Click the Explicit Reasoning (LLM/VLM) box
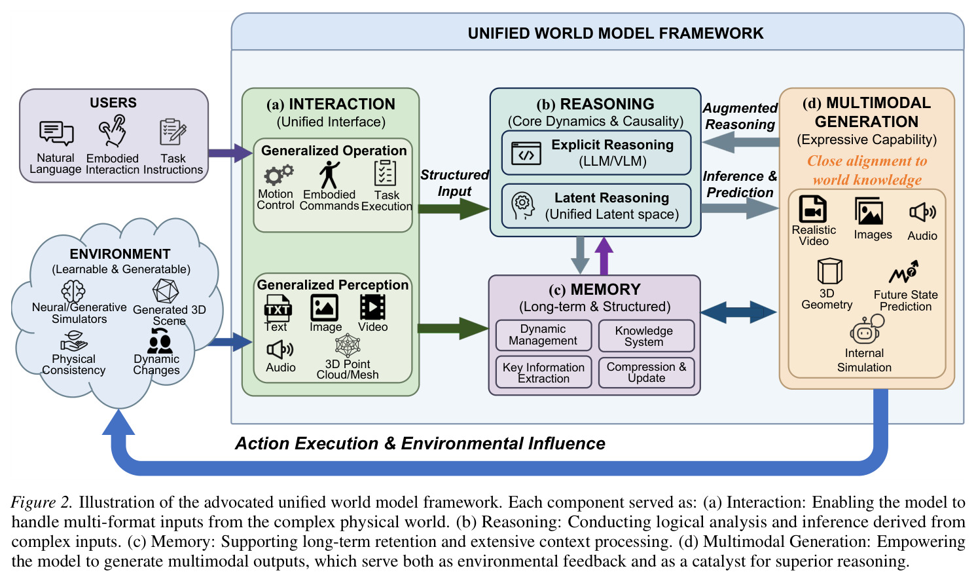point(596,153)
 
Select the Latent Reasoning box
point(596,206)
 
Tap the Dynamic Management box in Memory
point(543,335)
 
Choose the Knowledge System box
point(646,336)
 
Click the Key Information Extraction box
point(543,372)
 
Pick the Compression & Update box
point(646,373)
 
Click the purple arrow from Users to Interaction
point(230,153)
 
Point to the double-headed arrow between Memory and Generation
point(738,312)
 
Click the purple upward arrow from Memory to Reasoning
point(604,256)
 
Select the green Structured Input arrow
point(454,209)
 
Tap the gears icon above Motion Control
point(278,175)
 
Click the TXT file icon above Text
point(278,308)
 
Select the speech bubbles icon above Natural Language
point(56,133)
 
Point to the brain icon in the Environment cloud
point(73,291)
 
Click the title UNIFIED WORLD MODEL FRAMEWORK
point(615,33)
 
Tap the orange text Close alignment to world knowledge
point(867,170)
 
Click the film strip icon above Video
point(372,307)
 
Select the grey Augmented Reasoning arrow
point(741,142)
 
